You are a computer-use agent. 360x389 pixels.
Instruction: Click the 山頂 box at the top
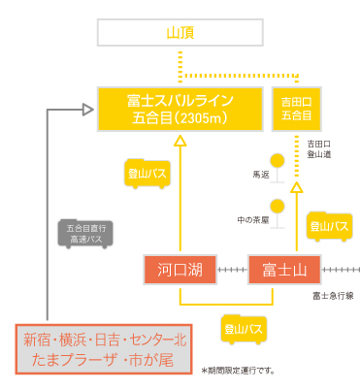tap(180, 33)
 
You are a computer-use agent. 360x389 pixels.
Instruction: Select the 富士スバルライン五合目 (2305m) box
tap(180, 110)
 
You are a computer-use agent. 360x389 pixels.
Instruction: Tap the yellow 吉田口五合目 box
tap(297, 109)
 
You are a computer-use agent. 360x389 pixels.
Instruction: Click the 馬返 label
tap(259, 176)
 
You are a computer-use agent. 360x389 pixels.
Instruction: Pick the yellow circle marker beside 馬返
tap(278, 160)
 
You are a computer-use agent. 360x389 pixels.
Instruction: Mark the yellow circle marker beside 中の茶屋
tap(278, 205)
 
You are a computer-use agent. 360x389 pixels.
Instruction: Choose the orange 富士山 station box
tap(284, 269)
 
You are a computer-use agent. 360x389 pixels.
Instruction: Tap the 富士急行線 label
tap(332, 294)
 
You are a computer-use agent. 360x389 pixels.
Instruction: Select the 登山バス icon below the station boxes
tap(242, 329)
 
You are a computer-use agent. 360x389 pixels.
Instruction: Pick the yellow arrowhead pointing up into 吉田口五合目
tap(297, 141)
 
